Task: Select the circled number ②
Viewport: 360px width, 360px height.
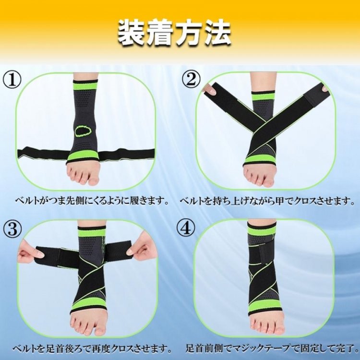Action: click(191, 79)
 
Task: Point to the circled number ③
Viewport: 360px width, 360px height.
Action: click(12, 229)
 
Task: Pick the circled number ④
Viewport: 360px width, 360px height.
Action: click(186, 228)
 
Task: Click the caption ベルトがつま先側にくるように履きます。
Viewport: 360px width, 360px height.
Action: click(92, 201)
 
